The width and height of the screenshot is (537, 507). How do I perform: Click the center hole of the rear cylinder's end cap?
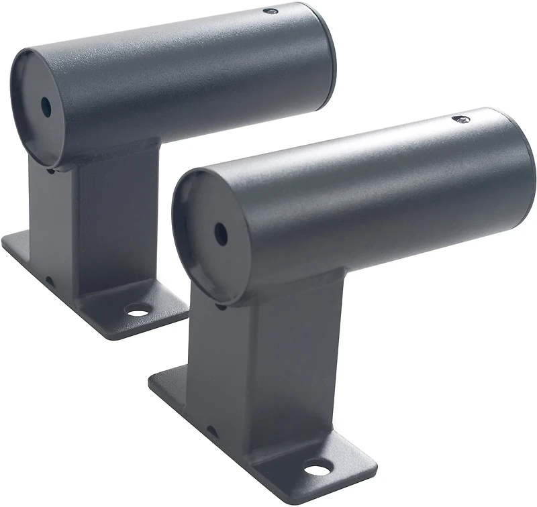pyautogui.click(x=45, y=105)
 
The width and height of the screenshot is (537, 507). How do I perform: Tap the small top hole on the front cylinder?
pyautogui.click(x=461, y=119)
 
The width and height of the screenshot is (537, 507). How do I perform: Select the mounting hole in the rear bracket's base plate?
pyautogui.click(x=138, y=311)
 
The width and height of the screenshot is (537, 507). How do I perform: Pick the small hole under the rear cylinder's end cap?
pyautogui.click(x=50, y=170)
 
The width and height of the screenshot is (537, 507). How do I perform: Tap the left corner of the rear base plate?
pyautogui.click(x=5, y=245)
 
